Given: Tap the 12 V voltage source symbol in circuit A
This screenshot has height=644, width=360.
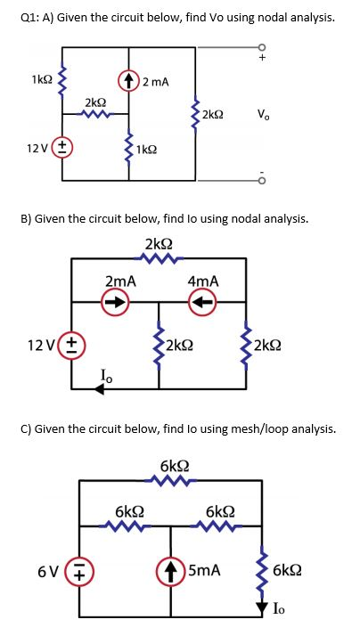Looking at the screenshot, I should [x=63, y=149].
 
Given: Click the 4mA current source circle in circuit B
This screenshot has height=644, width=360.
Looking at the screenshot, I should [x=202, y=300].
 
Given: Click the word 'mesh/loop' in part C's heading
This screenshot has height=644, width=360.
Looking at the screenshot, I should [x=241, y=428].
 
